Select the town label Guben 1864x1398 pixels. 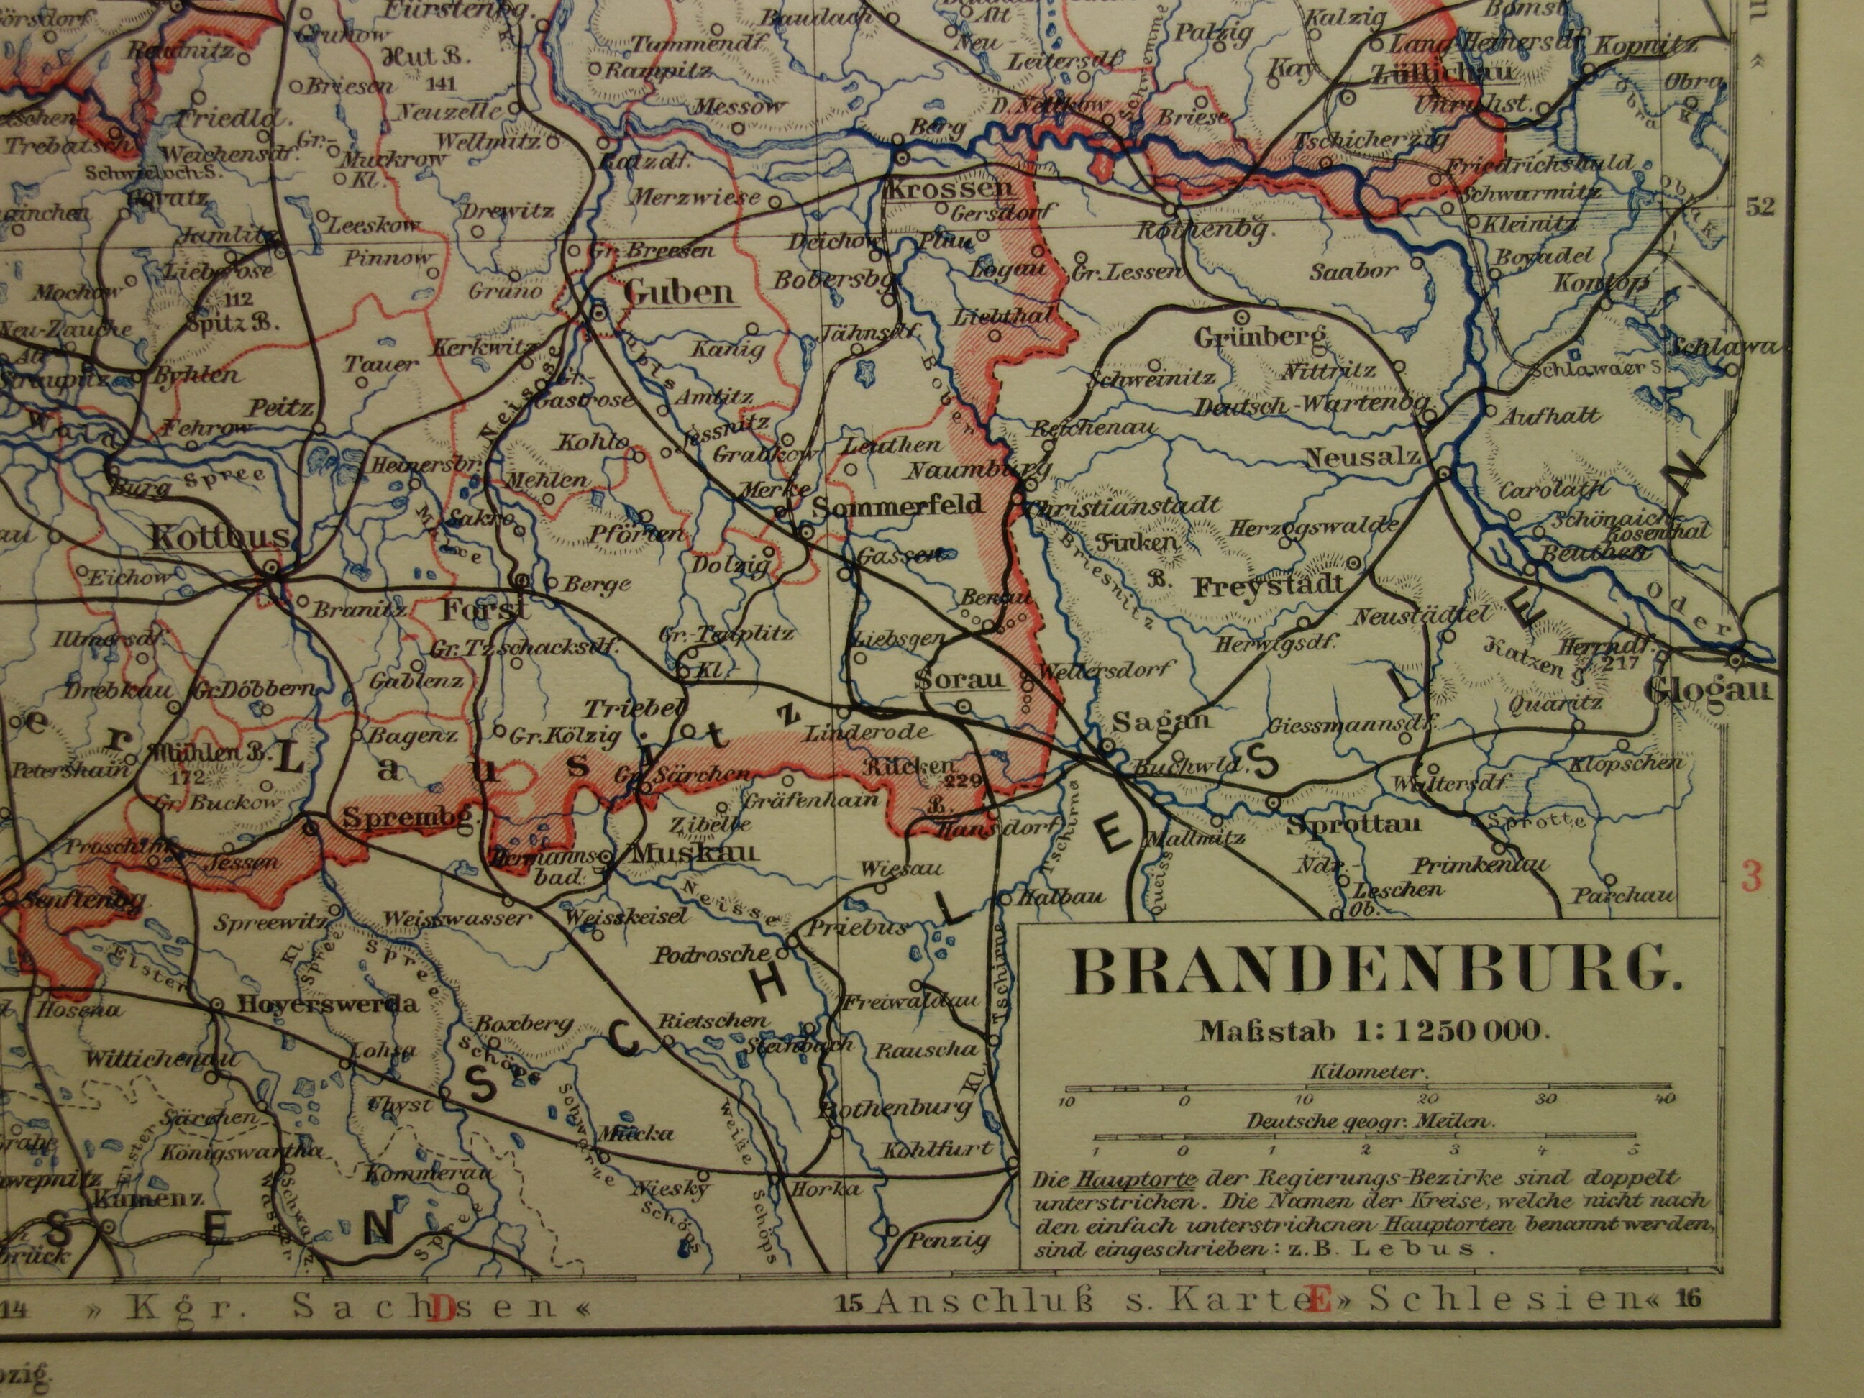pos(678,293)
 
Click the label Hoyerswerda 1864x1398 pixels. pos(328,1004)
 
